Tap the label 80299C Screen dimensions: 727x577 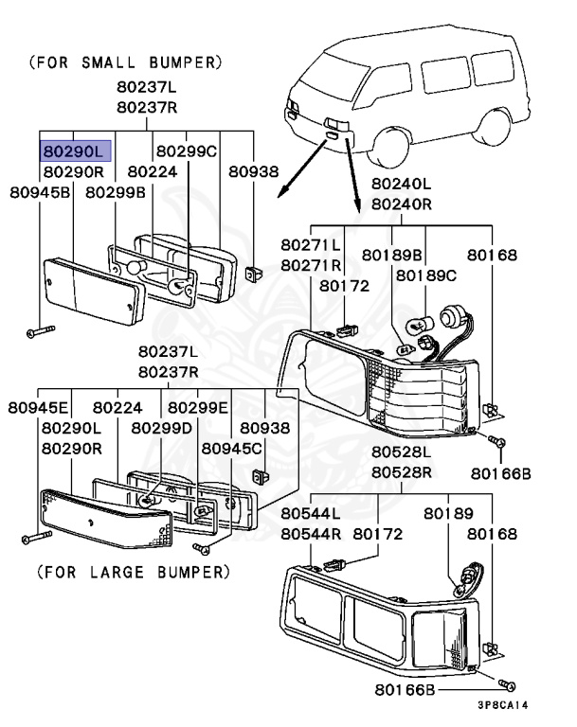coord(187,151)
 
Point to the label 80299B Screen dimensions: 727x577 coord(116,192)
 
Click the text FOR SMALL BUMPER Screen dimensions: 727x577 coord(126,63)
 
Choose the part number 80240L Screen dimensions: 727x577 coord(400,183)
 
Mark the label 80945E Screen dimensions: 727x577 coord(39,408)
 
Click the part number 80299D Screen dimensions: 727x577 coord(162,428)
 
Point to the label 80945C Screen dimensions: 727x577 coord(233,448)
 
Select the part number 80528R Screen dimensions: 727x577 coord(401,471)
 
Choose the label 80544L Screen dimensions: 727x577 coord(311,513)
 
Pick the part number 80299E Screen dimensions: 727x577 coord(198,408)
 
